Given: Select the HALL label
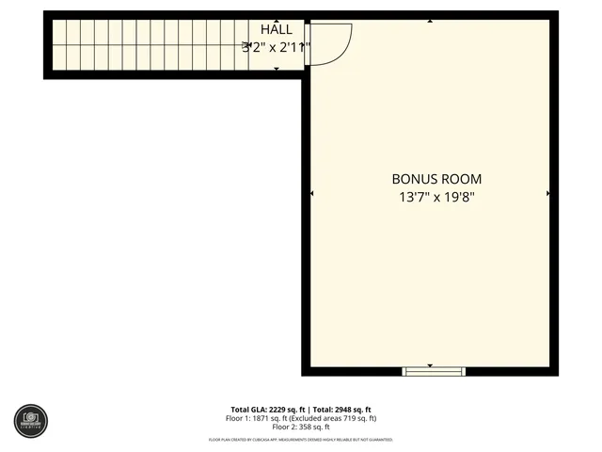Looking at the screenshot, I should pos(276,30).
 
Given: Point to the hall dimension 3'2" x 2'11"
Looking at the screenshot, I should pos(276,46).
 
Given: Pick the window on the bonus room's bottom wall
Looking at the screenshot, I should pos(434,371).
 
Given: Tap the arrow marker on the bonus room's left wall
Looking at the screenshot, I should pos(311,193).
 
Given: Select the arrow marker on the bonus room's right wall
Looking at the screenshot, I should pos(547,193).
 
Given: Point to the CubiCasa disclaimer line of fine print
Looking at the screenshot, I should pos(300,440).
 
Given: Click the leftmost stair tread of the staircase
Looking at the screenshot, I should pos(56,46).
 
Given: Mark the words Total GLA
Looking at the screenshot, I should pos(249,410).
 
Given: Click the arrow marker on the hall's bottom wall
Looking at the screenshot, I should pos(276,70).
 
